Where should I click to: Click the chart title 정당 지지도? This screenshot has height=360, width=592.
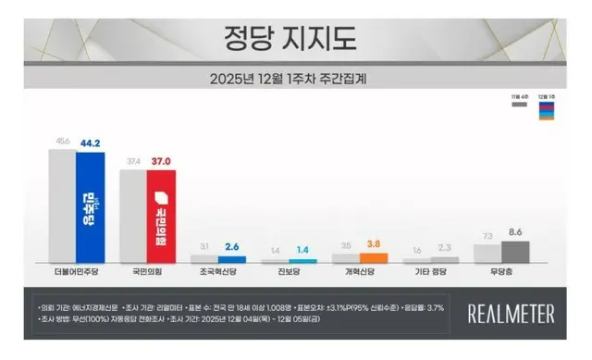(290, 38)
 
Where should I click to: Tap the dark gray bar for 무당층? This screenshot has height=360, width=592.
(514, 253)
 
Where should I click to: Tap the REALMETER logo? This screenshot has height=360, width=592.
(512, 313)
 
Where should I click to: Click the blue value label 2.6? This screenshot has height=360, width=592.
(232, 248)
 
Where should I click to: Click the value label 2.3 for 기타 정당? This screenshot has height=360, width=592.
(444, 249)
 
